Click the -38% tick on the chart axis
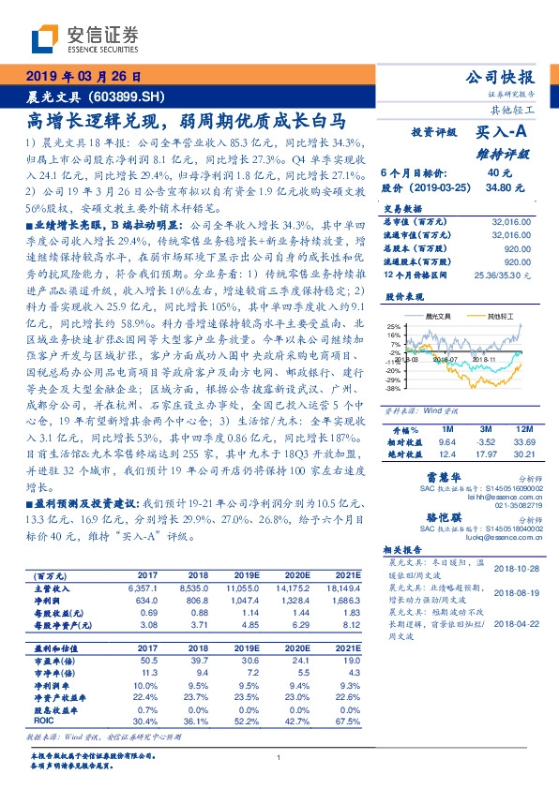(394, 387)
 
